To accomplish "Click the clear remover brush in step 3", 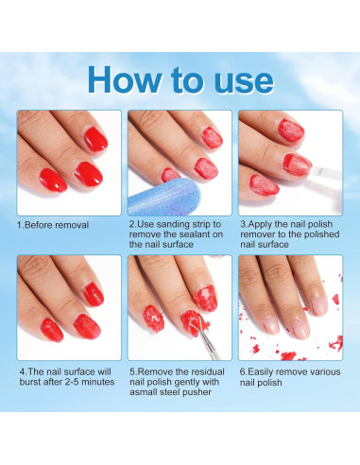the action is coord(326,173).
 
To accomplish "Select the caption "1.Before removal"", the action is coord(53,225).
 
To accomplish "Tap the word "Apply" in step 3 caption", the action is coord(260,225).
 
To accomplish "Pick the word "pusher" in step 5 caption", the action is coord(196,392).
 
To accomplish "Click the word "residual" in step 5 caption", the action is coord(207,371).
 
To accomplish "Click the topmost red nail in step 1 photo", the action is coord(95,139).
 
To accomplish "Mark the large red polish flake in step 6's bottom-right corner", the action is coord(336,343).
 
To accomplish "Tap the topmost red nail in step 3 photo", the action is coord(291,130).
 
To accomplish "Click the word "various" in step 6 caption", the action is coord(325,372).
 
